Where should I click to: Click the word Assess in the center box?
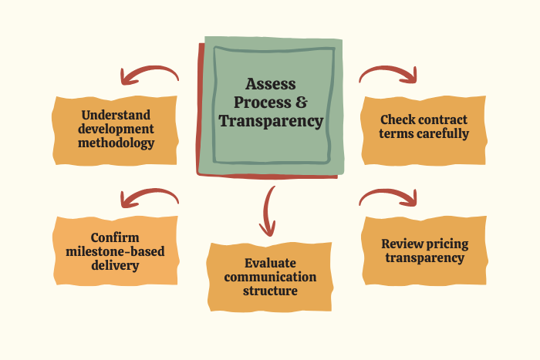click(x=270, y=84)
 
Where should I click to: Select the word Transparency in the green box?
click(x=270, y=121)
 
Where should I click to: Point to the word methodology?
click(x=117, y=143)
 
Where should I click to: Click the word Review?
click(x=403, y=244)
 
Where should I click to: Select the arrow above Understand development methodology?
click(x=148, y=75)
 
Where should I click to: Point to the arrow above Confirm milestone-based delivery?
click(x=148, y=197)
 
